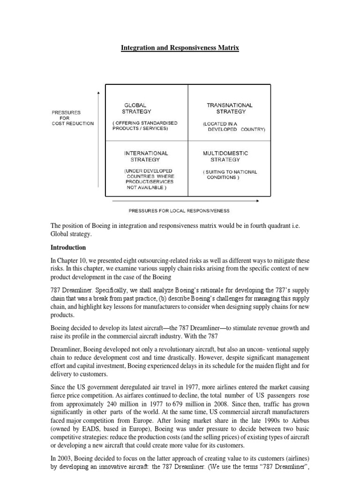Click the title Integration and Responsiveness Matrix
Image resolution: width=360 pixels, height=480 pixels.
coord(180,48)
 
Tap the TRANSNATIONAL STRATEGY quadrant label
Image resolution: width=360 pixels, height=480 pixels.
coord(230,108)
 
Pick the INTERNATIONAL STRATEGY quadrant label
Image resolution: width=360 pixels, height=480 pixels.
coord(146,156)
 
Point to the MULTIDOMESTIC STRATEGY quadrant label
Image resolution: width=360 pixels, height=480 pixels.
coord(225,156)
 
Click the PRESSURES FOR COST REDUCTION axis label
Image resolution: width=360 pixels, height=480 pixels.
coord(73,118)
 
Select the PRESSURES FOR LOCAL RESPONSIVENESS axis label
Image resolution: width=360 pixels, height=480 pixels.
coord(176,210)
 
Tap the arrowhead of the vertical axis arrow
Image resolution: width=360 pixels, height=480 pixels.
coord(97,93)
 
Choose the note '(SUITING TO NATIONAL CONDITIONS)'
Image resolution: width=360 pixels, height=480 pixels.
coord(230,174)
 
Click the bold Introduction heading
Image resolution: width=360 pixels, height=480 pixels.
coord(69,247)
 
